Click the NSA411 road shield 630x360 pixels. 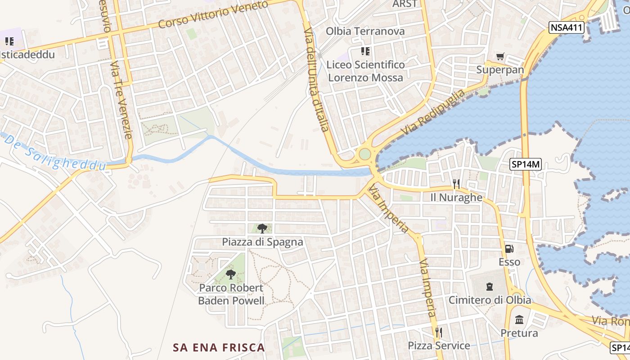pos(567,28)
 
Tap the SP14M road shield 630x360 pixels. pos(525,165)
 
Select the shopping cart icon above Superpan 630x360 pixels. pos(500,57)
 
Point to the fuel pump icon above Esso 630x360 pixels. pos(509,248)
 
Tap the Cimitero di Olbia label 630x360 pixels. pos(490,300)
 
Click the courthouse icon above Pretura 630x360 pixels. pos(519,320)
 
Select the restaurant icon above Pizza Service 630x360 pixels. pos(439,333)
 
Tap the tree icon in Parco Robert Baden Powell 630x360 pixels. pos(231,274)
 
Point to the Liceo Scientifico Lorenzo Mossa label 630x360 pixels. pos(365,71)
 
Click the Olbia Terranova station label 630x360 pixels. pos(365,31)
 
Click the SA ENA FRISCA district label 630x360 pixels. pos(219,347)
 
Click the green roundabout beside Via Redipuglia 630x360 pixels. pos(364,154)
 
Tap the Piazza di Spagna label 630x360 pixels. pos(262,242)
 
